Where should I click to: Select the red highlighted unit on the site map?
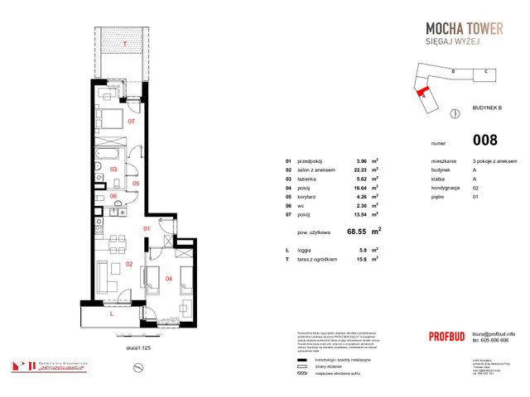coord(423,92)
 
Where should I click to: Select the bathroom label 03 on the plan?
coord(114,169)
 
